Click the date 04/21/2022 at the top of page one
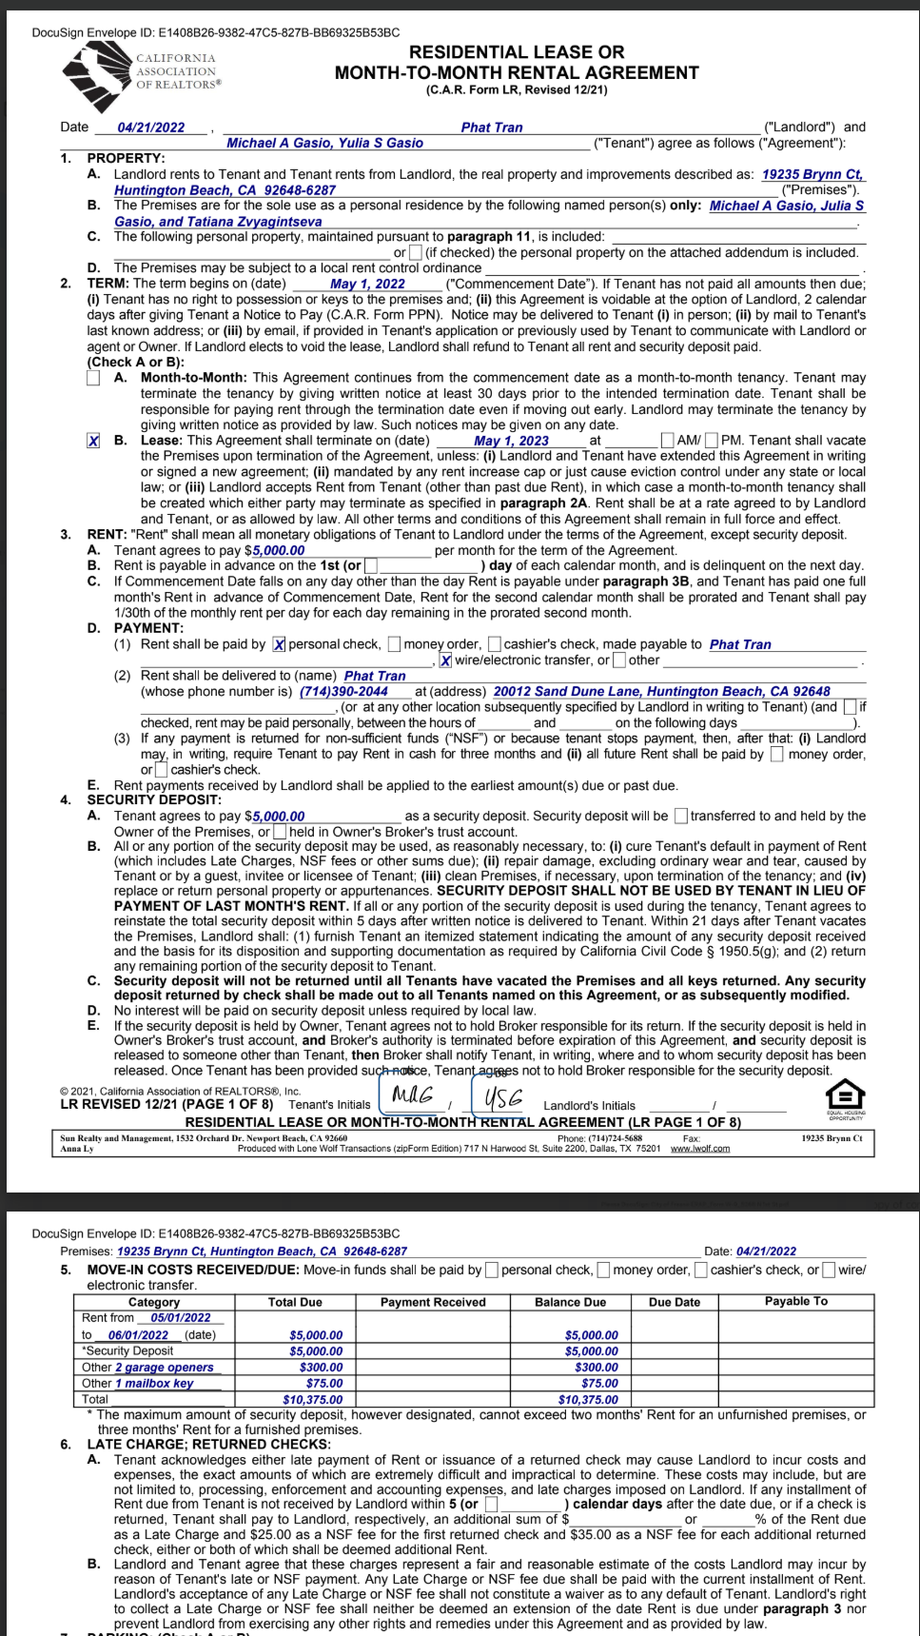[151, 128]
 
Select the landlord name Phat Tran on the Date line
[492, 128]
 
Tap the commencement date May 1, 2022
[367, 284]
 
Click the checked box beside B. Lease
[93, 441]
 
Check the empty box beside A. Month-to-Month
[93, 378]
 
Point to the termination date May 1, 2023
[511, 441]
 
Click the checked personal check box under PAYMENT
[279, 644]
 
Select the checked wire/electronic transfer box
[445, 660]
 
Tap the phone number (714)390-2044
[343, 692]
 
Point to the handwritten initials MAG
[413, 1095]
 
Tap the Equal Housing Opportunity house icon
[845, 1096]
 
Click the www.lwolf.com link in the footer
[700, 1149]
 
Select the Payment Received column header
[433, 1302]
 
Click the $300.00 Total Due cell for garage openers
[321, 1368]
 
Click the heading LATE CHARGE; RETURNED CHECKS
[208, 1445]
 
